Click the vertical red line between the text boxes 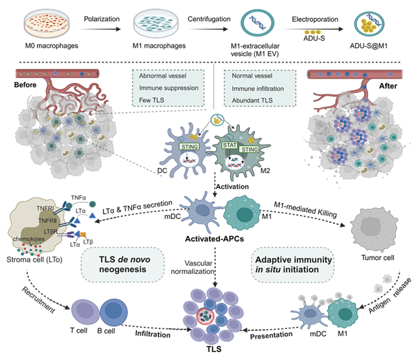[x=214, y=87]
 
